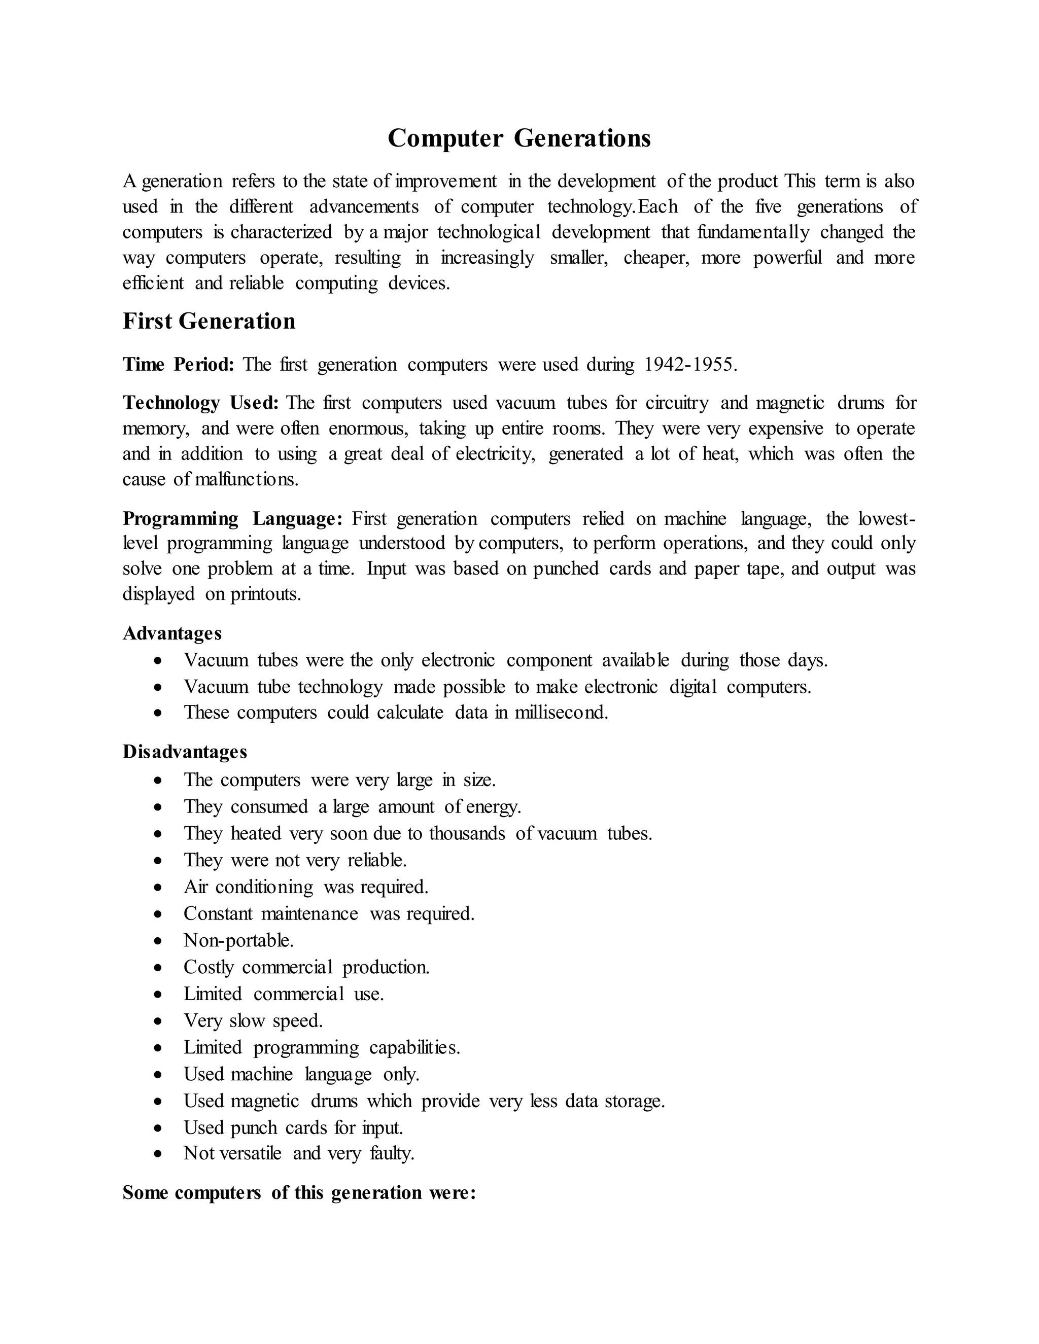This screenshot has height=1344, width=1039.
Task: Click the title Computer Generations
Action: pyautogui.click(x=519, y=138)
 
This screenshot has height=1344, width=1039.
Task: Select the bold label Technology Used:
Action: pyautogui.click(x=201, y=403)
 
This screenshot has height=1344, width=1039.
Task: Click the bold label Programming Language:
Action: pyautogui.click(x=232, y=518)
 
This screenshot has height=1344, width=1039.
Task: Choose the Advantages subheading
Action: pyautogui.click(x=172, y=633)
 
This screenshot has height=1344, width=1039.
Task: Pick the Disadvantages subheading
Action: pyautogui.click(x=185, y=752)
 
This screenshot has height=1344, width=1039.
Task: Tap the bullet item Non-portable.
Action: pyautogui.click(x=238, y=940)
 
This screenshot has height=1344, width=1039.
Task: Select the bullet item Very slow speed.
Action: pyautogui.click(x=253, y=1021)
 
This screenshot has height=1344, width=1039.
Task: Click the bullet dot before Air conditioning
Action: pyautogui.click(x=159, y=888)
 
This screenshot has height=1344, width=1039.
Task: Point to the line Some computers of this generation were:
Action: pyautogui.click(x=299, y=1193)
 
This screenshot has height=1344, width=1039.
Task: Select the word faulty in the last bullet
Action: pyautogui.click(x=392, y=1153)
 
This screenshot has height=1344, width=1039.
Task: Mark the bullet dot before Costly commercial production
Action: pyautogui.click(x=159, y=969)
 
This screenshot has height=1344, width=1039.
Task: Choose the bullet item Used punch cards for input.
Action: pyautogui.click(x=293, y=1127)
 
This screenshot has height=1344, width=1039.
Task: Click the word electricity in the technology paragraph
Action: pyautogui.click(x=496, y=453)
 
